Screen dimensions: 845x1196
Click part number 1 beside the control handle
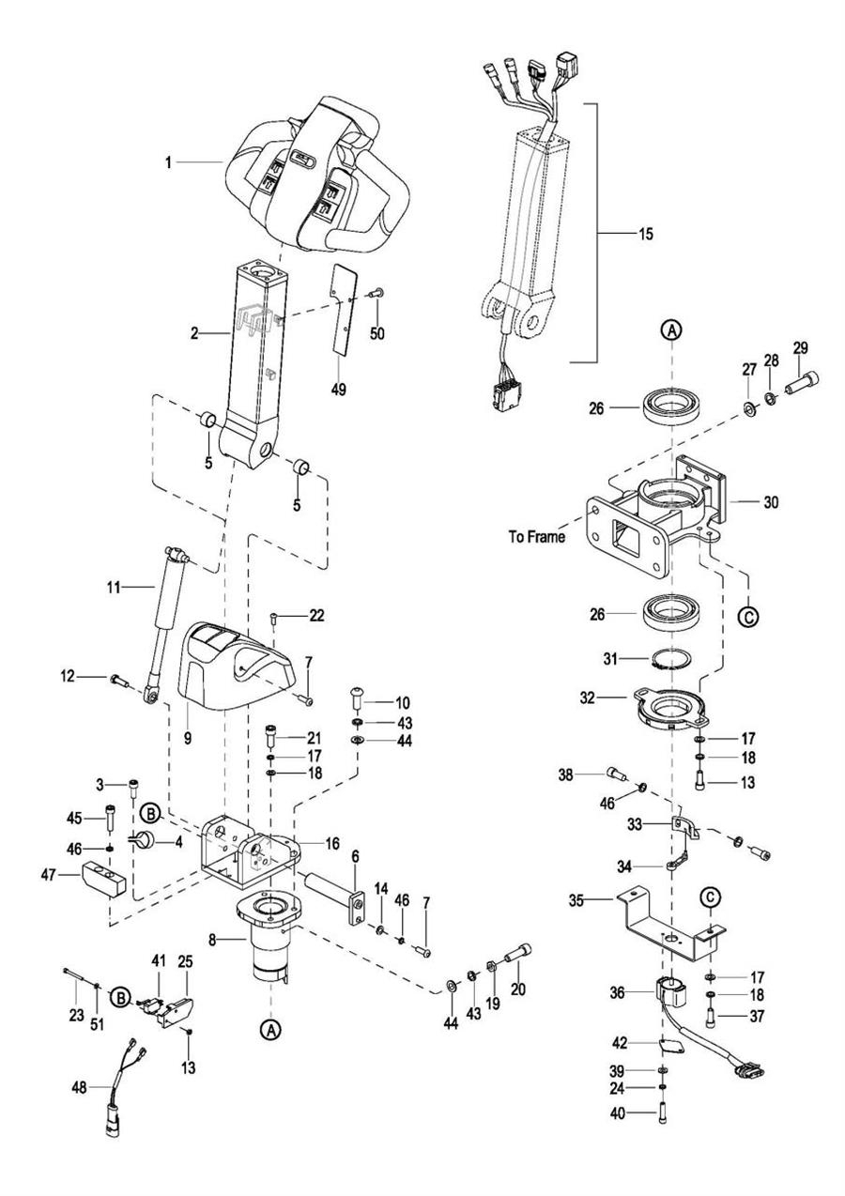point(168,162)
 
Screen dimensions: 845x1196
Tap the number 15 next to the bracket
point(645,234)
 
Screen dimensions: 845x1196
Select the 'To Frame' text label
point(536,537)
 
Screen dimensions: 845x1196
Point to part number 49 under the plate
point(339,390)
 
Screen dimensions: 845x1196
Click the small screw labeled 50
point(376,293)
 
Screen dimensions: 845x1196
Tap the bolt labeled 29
point(801,382)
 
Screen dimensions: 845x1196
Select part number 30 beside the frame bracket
point(771,502)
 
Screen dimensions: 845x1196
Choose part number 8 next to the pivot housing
point(212,939)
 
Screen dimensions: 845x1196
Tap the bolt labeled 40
point(664,1116)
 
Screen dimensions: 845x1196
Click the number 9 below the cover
point(187,739)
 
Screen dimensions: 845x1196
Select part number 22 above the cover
point(316,616)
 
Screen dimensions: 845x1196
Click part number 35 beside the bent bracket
point(576,900)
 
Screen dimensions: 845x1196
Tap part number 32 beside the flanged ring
point(587,698)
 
